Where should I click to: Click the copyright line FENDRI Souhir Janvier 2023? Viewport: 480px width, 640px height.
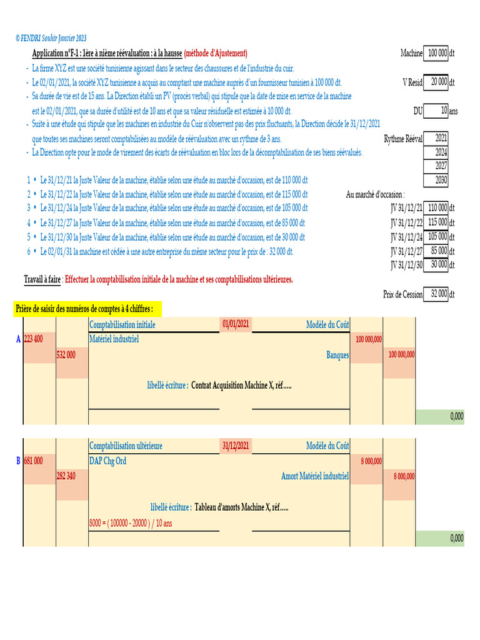(51, 39)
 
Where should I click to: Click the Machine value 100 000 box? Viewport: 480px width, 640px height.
(437, 54)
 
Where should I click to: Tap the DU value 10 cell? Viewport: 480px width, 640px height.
(437, 111)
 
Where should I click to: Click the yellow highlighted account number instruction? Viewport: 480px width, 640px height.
(88, 309)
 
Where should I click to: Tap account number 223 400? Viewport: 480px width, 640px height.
(34, 339)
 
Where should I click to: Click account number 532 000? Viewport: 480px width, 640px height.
(66, 354)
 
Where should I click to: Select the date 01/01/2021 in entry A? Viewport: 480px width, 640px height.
(236, 324)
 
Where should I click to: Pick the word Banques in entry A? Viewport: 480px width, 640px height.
(337, 354)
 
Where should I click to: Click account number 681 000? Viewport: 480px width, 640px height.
(34, 461)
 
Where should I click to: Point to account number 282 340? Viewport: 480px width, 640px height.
(66, 476)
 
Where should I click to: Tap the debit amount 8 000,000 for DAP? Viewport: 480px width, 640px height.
(371, 461)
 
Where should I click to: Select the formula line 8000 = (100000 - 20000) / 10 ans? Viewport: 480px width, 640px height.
(130, 522)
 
